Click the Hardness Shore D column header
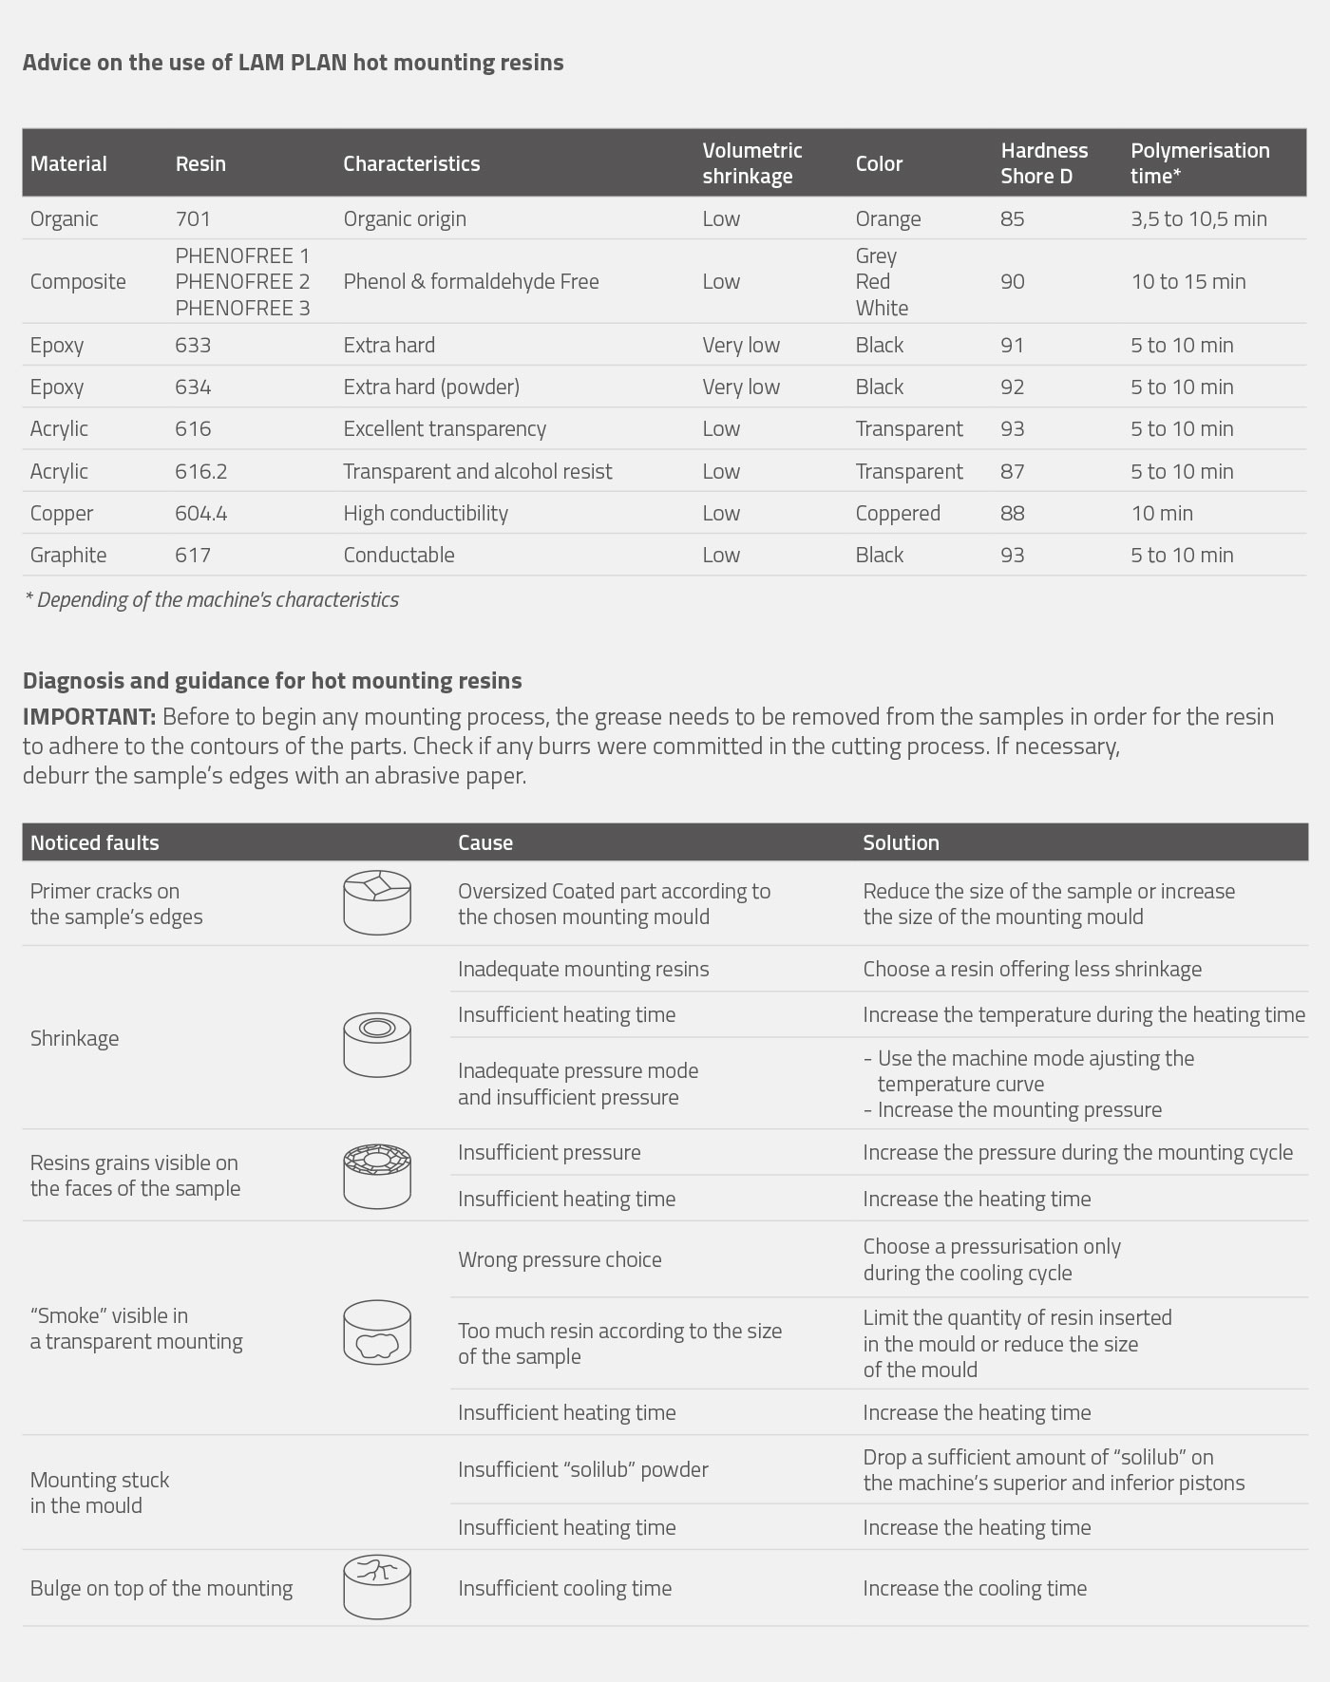coord(1043,163)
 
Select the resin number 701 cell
coord(193,218)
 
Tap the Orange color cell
coord(887,218)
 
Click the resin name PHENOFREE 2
coord(242,281)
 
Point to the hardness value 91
coord(1012,345)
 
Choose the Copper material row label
coord(62,513)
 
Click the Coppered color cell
coord(897,513)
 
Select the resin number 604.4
coord(200,513)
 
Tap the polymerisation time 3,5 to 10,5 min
coord(1198,218)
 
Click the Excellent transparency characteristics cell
coord(445,428)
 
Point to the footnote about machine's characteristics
coord(212,599)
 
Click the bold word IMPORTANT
coord(89,716)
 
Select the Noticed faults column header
coord(94,842)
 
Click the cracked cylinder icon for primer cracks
coord(377,902)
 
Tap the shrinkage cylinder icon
coord(377,1044)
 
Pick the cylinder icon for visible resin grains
coord(377,1175)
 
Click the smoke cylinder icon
coord(377,1332)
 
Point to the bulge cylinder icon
coord(377,1587)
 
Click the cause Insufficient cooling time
coord(564,1588)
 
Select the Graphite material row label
coord(68,555)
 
